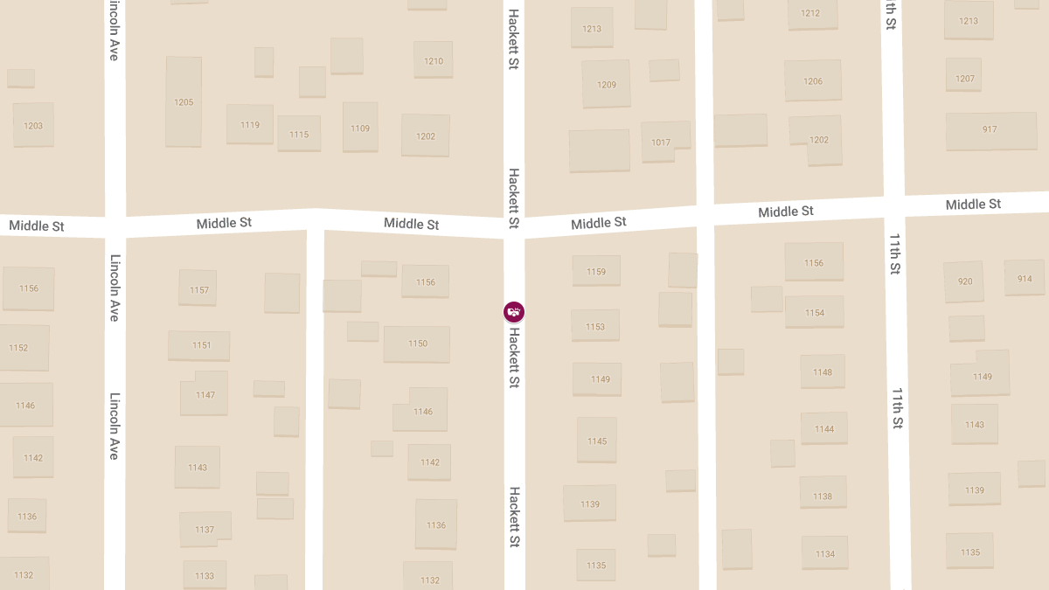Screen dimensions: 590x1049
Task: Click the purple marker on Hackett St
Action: (514, 311)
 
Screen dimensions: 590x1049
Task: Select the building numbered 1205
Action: (184, 101)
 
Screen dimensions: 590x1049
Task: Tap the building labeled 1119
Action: (250, 124)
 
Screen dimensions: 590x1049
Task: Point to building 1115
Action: (299, 134)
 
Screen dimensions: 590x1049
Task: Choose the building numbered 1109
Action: (360, 128)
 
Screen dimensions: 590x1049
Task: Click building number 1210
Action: (434, 60)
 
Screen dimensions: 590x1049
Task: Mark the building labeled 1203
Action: (33, 125)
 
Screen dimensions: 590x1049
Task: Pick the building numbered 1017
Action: (662, 141)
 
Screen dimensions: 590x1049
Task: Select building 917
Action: (990, 129)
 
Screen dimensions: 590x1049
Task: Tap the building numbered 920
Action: (964, 281)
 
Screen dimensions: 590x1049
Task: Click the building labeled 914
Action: (1025, 279)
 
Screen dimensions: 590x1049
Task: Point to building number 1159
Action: (596, 271)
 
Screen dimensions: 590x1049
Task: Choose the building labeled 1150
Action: (417, 344)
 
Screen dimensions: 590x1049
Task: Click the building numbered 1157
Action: (198, 288)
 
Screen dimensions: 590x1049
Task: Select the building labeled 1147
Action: (205, 395)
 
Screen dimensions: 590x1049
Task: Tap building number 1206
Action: (813, 80)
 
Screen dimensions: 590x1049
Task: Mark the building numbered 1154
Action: (815, 312)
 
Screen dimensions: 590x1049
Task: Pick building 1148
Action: (823, 371)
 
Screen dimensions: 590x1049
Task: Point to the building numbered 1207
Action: (964, 77)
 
